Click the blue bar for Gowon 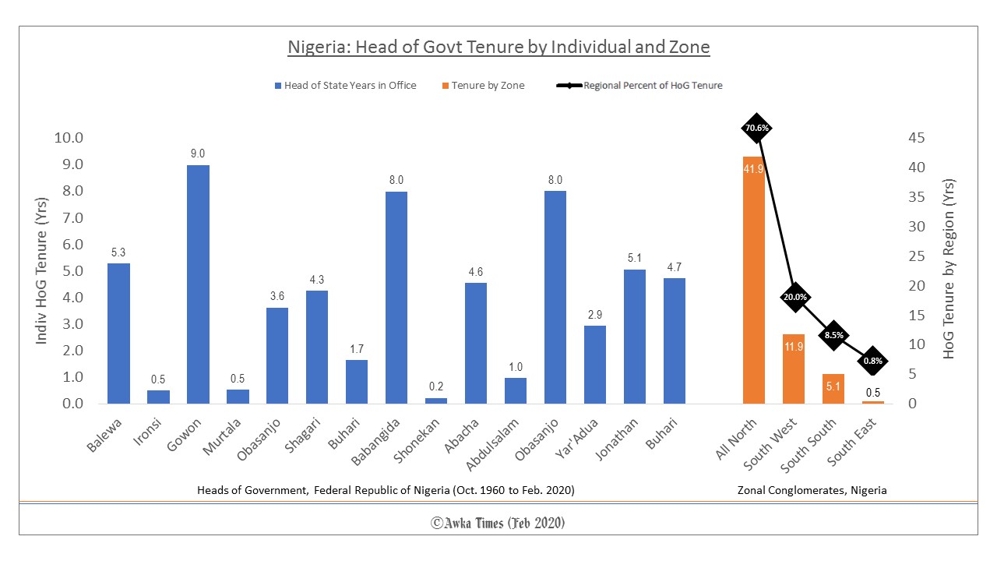click(198, 284)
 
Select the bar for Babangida click(396, 298)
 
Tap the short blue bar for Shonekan click(436, 400)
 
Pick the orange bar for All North click(753, 280)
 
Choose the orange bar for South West click(793, 369)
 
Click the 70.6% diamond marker click(756, 128)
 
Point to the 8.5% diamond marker click(833, 335)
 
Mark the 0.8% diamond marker click(872, 360)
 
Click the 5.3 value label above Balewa click(118, 252)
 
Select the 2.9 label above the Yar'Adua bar click(595, 315)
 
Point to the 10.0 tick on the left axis click(68, 138)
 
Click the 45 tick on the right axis click(917, 138)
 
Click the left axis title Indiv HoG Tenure click(42, 270)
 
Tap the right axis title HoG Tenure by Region click(948, 269)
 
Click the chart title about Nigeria click(498, 47)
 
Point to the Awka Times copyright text click(498, 523)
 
